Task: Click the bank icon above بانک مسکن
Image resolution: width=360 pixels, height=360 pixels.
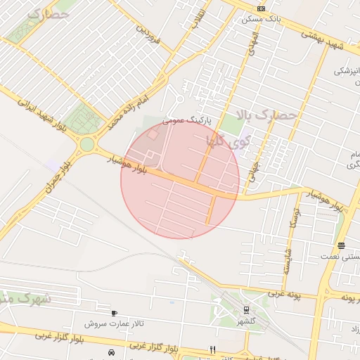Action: click(261, 8)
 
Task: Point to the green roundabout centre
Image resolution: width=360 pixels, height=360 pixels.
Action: click(86, 144)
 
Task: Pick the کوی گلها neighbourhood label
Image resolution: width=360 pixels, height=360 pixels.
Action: click(228, 140)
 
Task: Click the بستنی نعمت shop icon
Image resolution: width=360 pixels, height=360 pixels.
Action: click(341, 245)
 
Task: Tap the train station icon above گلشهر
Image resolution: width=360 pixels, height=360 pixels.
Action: click(246, 309)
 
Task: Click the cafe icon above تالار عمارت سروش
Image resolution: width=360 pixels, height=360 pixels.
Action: click(114, 313)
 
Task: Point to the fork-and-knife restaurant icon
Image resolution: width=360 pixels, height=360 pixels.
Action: click(212, 349)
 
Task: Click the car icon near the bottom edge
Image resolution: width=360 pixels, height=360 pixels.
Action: click(110, 352)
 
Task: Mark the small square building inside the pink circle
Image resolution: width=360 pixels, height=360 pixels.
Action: click(153, 134)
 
